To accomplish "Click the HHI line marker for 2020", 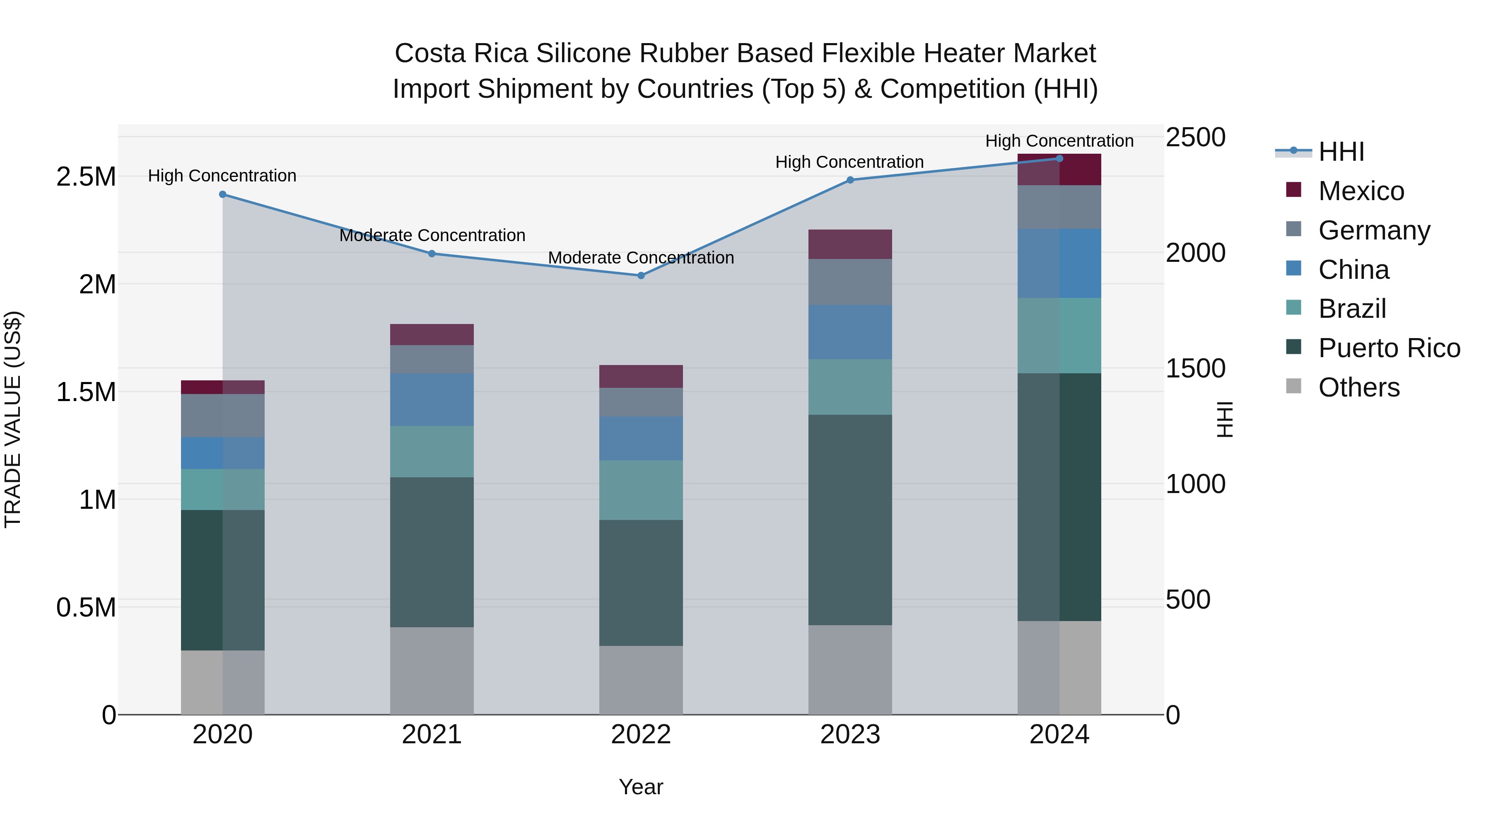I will click(x=223, y=195).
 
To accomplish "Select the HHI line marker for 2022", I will click(x=641, y=276).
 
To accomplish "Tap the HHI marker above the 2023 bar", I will click(x=850, y=180).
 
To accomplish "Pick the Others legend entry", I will click(x=1358, y=387).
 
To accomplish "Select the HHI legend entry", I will click(x=1341, y=152).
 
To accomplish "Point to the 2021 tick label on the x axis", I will click(x=432, y=735).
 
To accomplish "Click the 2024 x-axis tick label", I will click(x=1059, y=735).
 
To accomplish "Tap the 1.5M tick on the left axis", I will click(x=86, y=392).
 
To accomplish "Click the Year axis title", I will click(x=641, y=787).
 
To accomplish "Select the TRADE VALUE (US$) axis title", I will click(x=13, y=419).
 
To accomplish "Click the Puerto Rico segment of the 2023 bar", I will click(x=850, y=520).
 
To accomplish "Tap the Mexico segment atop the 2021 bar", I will click(x=432, y=335).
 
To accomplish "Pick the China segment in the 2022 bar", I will click(x=641, y=438).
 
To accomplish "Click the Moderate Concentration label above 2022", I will click(x=641, y=258).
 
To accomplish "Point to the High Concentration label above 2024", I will click(x=1059, y=141).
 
